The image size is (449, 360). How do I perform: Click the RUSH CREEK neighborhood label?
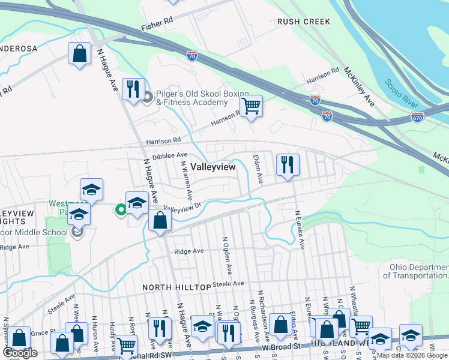click(303, 22)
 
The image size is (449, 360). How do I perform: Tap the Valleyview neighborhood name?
click(213, 167)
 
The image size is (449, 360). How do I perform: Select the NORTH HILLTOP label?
click(176, 287)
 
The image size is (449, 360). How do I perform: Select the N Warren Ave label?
click(186, 179)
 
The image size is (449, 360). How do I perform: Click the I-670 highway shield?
click(418, 118)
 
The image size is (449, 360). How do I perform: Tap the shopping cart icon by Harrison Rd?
click(252, 107)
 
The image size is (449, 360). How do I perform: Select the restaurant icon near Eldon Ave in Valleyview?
click(288, 165)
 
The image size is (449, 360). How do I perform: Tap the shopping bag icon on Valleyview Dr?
click(160, 220)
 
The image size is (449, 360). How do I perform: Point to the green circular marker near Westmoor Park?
click(120, 209)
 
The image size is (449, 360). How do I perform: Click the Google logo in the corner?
click(20, 353)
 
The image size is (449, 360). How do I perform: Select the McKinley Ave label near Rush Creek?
click(359, 87)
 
